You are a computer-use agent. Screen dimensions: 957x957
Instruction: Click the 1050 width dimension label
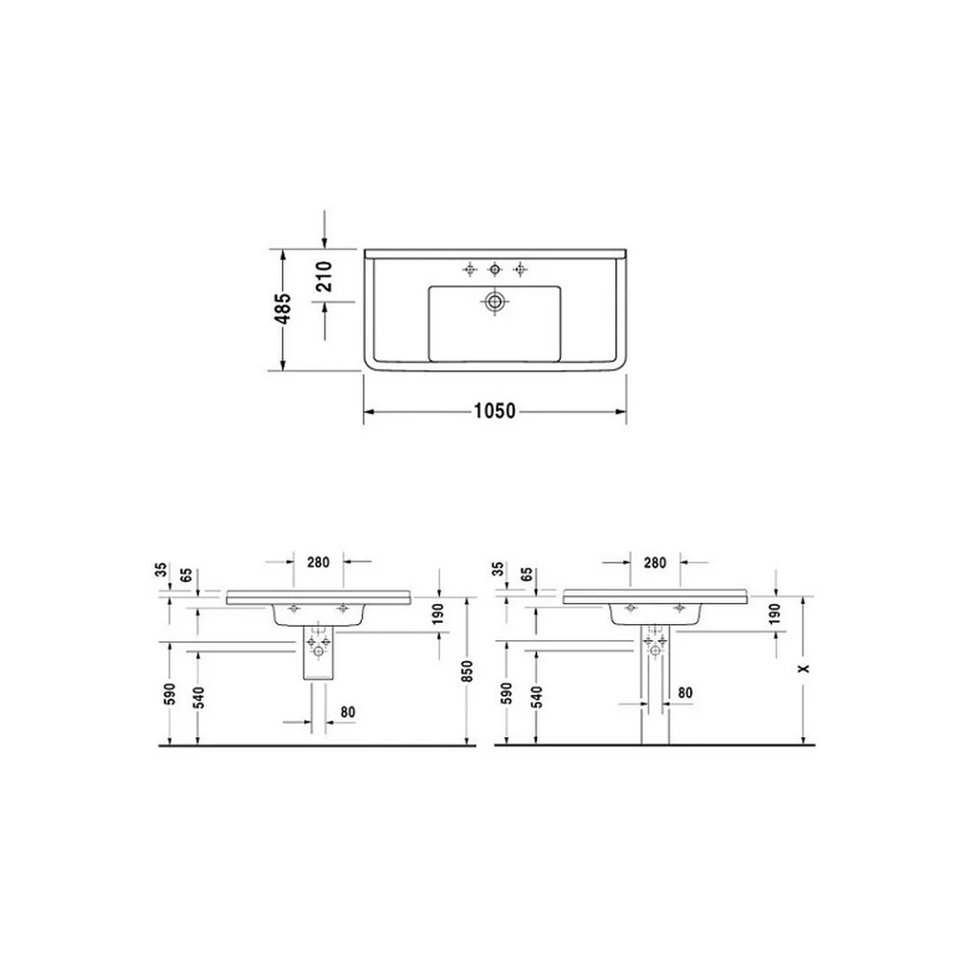point(495,411)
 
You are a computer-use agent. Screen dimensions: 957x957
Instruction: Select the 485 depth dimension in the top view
point(284,308)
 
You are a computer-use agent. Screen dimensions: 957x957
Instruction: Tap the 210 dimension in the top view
point(324,276)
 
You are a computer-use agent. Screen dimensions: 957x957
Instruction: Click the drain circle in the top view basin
point(495,300)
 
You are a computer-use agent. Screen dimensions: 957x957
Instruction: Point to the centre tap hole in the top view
point(495,269)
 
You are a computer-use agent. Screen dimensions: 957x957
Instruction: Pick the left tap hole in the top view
point(469,269)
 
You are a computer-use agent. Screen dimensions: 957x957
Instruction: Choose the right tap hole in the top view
point(520,269)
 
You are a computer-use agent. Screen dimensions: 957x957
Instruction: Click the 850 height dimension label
point(468,672)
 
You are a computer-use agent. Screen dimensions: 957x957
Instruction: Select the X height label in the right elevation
point(805,668)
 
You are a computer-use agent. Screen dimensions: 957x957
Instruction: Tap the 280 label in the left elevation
point(318,562)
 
